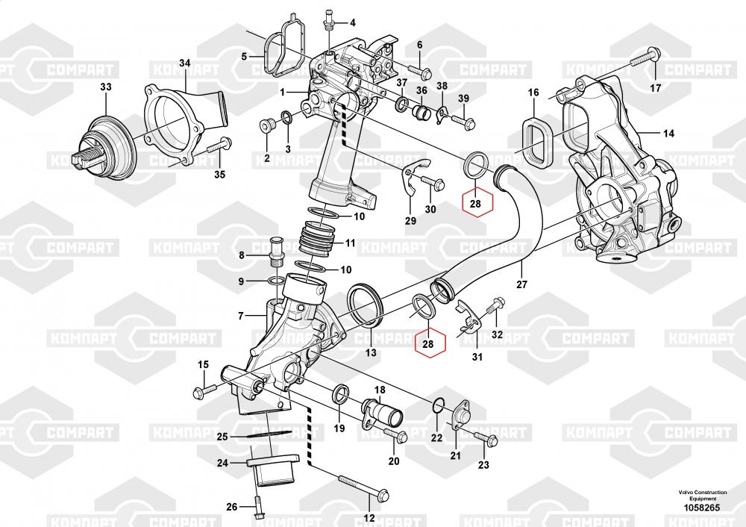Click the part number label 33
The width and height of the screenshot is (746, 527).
[106, 87]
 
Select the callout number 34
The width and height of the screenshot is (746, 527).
[184, 62]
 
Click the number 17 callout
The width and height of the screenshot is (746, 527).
[655, 88]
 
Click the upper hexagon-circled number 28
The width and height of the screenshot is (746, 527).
[477, 202]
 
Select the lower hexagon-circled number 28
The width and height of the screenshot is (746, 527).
[428, 343]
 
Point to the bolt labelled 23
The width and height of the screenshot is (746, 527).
[484, 438]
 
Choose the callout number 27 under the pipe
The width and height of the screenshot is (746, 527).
[521, 284]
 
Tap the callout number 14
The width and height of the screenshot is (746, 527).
[668, 133]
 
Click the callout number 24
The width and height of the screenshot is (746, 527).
[222, 463]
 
